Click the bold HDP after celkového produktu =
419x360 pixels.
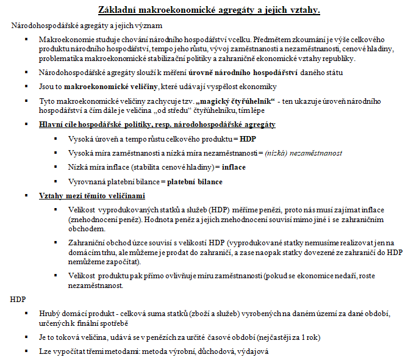248,139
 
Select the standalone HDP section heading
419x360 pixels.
19,300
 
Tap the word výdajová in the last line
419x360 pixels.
250,351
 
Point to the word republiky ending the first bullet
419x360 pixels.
337,59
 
